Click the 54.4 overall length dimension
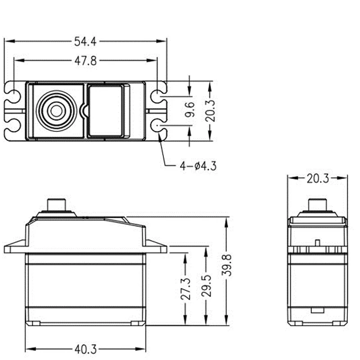coord(85,41)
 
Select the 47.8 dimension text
coord(85,61)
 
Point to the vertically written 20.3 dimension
coord(211,110)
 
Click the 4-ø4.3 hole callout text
coord(198,166)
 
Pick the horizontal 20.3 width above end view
coord(318,179)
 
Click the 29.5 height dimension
coord(206,288)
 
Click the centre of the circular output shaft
coord(56,111)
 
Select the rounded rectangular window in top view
coord(105,111)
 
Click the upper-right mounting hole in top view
coord(157,95)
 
